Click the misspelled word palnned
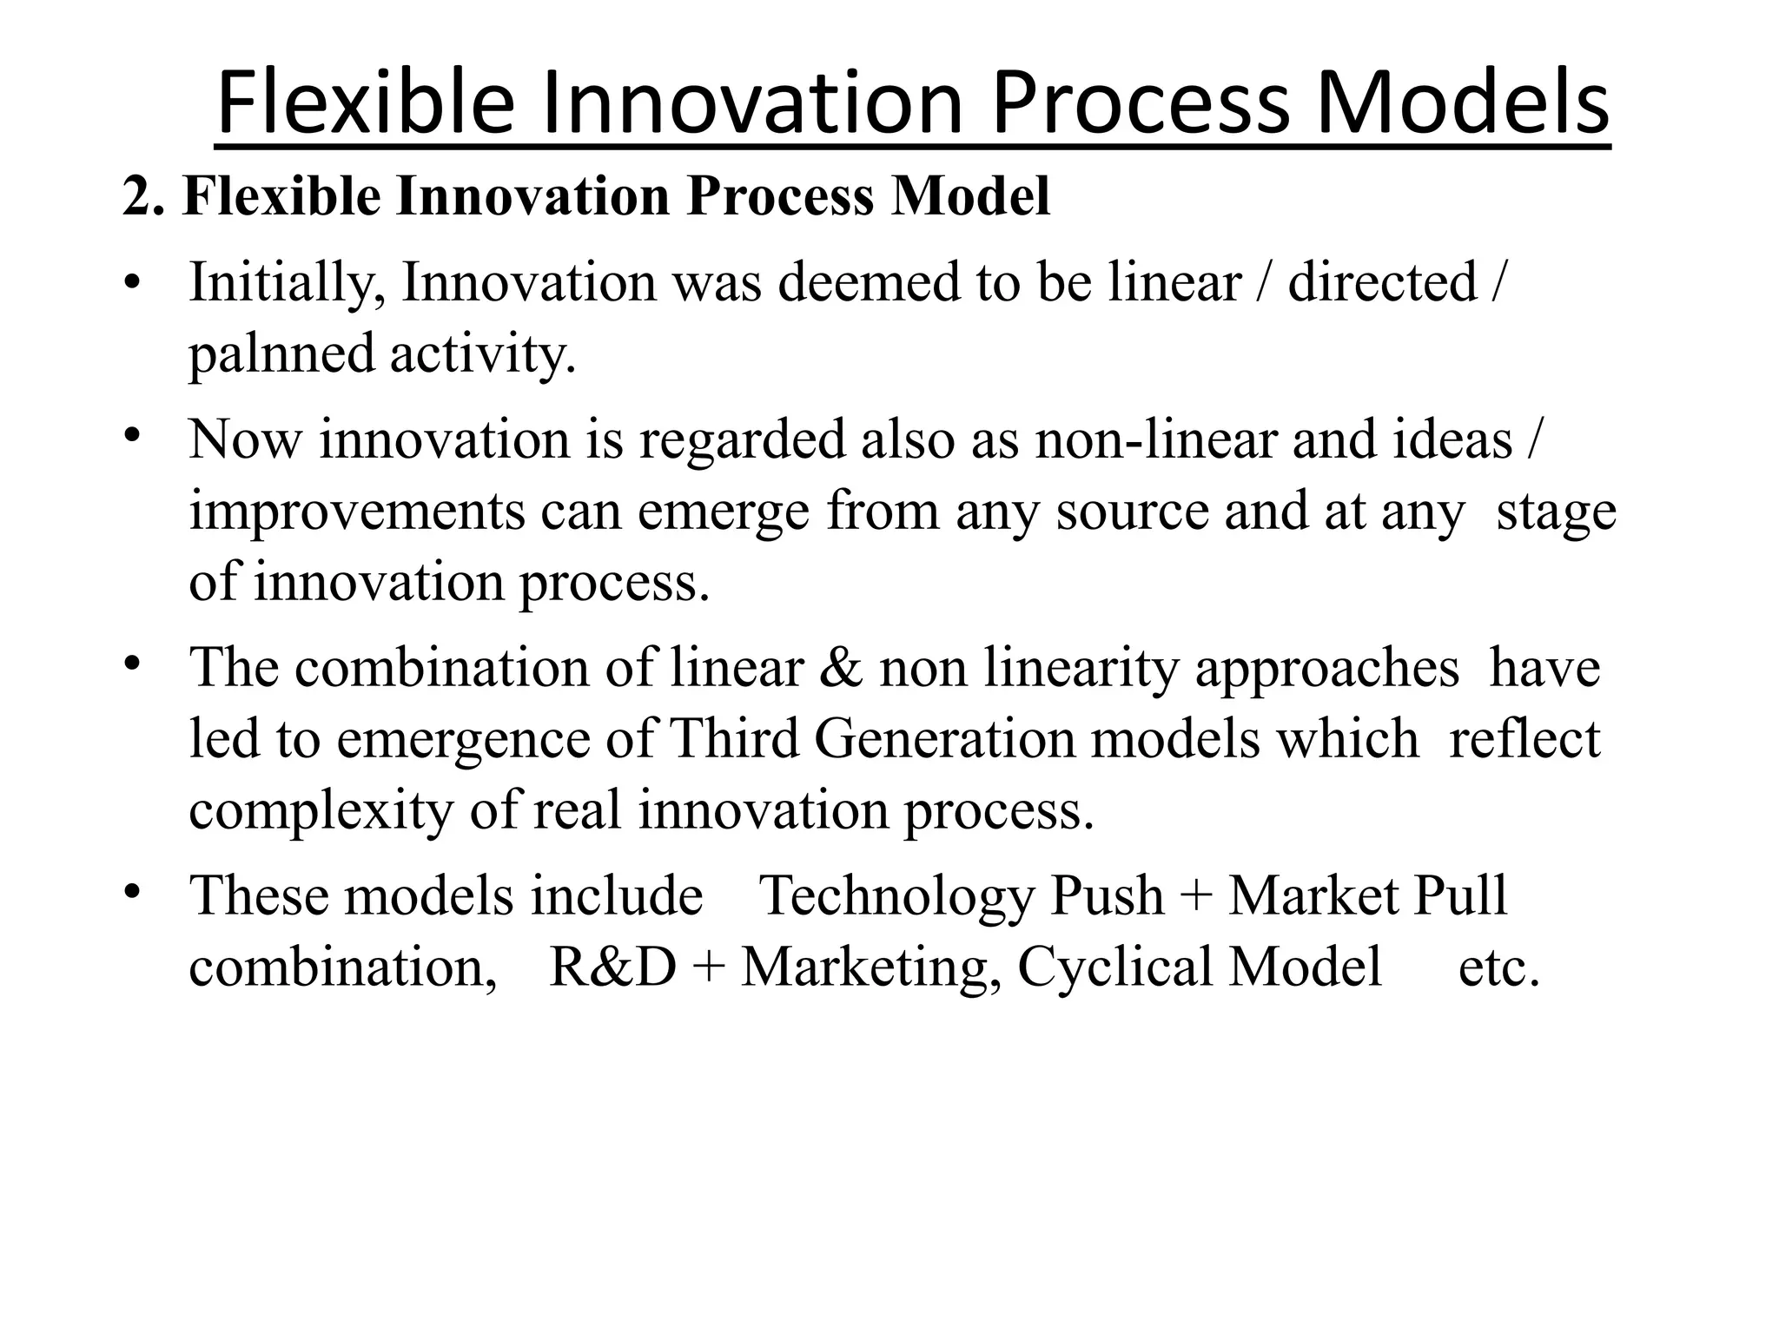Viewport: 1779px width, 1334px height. point(281,354)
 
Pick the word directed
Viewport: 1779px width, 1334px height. point(1382,283)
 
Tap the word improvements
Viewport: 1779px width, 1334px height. point(357,511)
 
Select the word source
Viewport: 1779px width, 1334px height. point(1132,511)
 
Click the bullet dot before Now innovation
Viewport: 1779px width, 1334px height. point(131,433)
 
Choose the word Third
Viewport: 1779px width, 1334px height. point(734,739)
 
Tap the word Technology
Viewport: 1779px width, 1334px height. point(896,896)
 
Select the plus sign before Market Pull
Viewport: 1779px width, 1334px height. point(1195,896)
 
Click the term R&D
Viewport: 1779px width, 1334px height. point(613,967)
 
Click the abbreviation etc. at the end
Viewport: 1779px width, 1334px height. point(1498,967)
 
